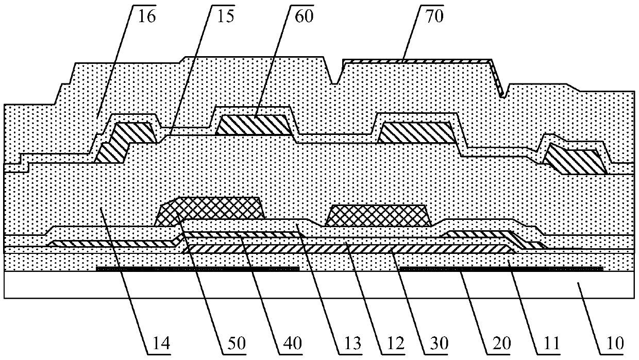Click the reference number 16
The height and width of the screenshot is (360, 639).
tap(146, 15)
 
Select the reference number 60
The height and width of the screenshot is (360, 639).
tap(304, 15)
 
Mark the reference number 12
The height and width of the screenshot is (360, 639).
tap(391, 342)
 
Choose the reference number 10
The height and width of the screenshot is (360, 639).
tap(615, 342)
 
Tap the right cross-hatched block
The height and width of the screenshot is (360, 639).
tap(379, 215)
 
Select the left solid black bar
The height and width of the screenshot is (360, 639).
tap(198, 268)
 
